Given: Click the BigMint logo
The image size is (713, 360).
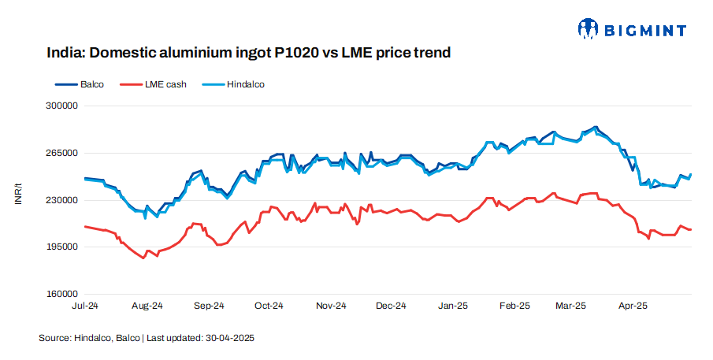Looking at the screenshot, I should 632,30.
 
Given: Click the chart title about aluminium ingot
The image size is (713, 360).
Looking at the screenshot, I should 248,54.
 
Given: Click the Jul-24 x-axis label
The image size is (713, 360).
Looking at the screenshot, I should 84,306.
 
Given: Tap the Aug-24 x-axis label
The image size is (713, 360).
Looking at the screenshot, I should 147,306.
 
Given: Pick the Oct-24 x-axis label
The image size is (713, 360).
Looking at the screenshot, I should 269,306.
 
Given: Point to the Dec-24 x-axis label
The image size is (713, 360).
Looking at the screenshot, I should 391,306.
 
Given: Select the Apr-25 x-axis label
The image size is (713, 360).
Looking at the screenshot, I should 632,306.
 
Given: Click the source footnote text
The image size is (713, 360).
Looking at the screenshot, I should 147,338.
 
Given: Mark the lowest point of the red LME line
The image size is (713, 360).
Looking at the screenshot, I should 143,258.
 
